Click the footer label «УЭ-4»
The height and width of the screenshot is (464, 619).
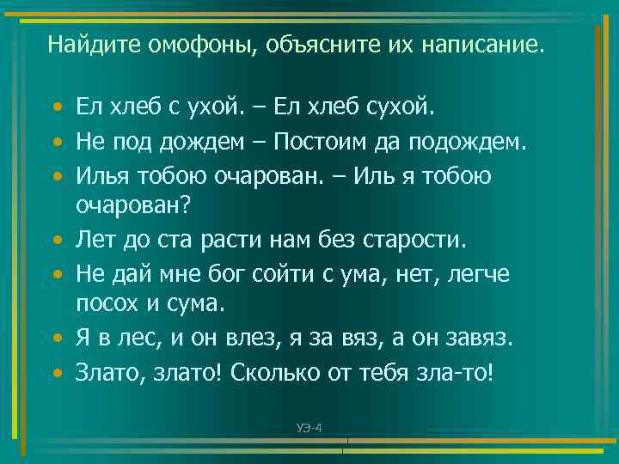click(x=309, y=428)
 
